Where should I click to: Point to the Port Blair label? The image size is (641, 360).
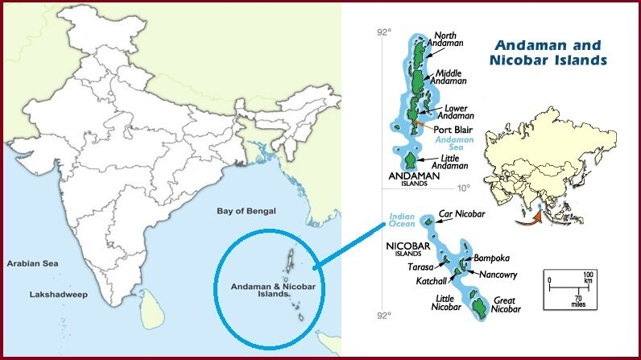click(452, 129)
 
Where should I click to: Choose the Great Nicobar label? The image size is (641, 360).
click(507, 304)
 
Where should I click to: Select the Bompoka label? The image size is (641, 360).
click(492, 259)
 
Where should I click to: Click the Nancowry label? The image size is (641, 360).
click(498, 275)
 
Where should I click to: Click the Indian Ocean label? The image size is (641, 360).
click(401, 221)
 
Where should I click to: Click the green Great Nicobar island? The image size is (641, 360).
click(479, 307)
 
